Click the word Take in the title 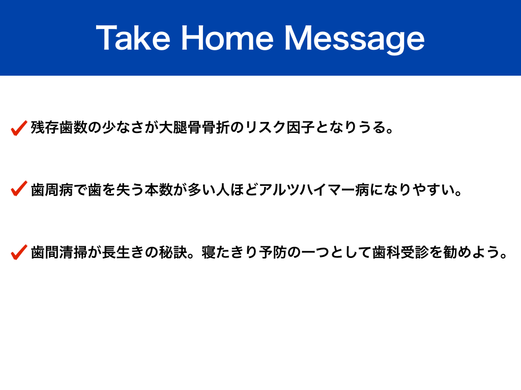[x=133, y=38]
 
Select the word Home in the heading [x=227, y=38]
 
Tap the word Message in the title [x=355, y=40]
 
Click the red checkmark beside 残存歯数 [x=19, y=128]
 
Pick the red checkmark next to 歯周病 [x=19, y=188]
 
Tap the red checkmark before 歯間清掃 [x=19, y=252]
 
